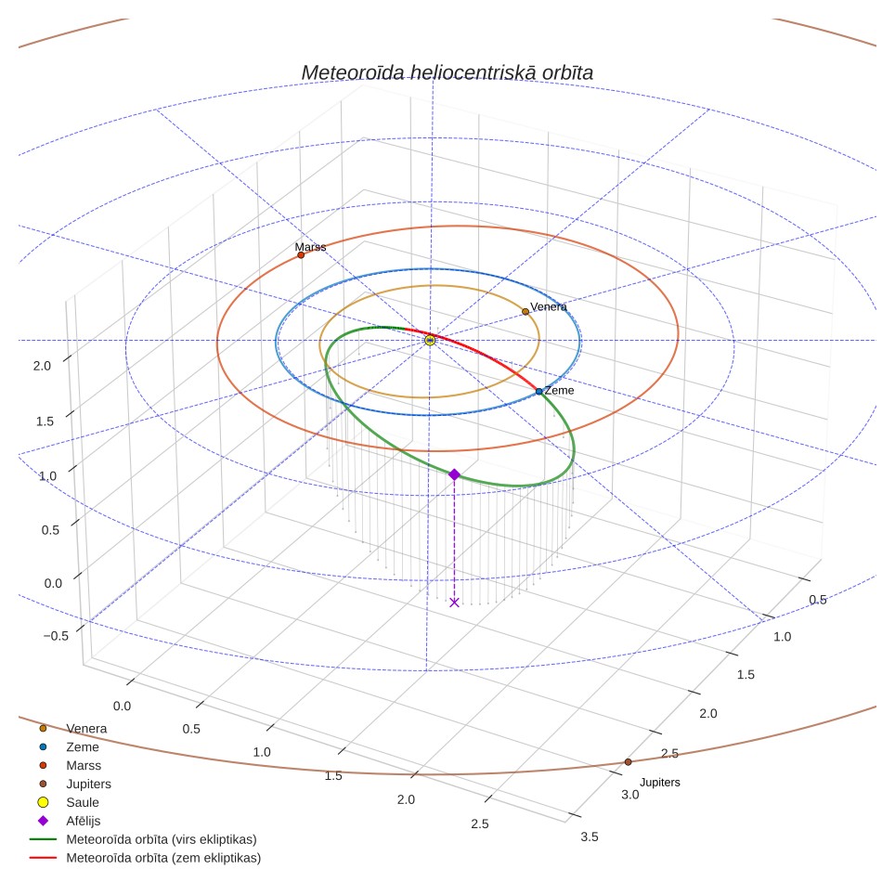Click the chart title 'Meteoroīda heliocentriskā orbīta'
447,72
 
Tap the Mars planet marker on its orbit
301,255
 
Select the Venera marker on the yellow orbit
525,312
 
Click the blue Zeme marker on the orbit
538,392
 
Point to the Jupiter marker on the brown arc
628,762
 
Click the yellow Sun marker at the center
430,340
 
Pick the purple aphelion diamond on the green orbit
454,474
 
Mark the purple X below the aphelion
454,603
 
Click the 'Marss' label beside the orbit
310,247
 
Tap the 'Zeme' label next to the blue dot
559,391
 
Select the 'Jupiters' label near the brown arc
660,782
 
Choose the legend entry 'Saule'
83,802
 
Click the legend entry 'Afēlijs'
84,821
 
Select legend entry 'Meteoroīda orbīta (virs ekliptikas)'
162,839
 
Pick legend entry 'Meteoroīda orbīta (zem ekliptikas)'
163,858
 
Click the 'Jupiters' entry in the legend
88,785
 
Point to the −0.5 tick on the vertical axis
56,636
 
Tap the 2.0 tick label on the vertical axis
42,366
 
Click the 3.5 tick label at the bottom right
590,837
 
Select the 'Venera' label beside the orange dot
549,306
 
